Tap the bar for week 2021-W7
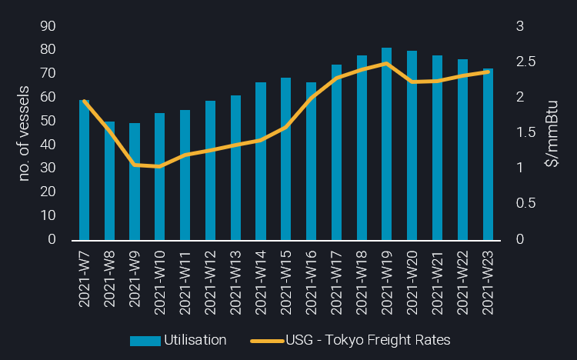pos(84,170)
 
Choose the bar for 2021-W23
pos(488,154)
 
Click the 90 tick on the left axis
pos(48,26)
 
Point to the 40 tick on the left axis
pos(48,145)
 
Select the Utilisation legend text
pos(195,340)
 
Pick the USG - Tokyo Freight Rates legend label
pos(368,340)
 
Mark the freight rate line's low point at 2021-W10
pos(160,166)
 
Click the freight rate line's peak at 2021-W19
pos(387,63)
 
